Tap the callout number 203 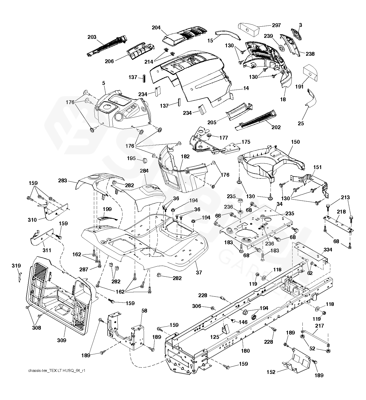point(92,37)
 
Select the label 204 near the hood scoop point(156,28)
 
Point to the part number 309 point(62,340)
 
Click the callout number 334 point(328,250)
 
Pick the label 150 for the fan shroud point(295,142)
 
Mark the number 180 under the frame point(245,351)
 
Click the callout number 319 point(16,266)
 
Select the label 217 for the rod point(320,326)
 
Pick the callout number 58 point(144,311)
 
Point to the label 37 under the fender point(199,272)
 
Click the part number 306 point(197,306)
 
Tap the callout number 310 point(32,220)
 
